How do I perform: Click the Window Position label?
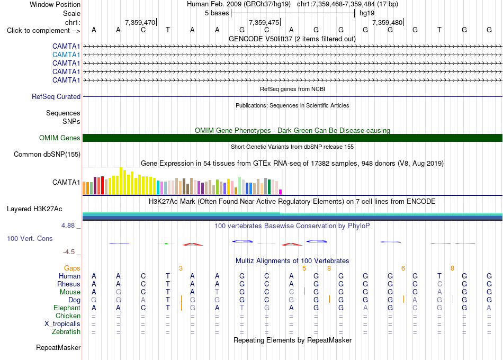tap(55, 4)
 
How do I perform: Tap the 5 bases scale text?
tap(217, 13)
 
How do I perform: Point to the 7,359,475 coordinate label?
tap(264, 22)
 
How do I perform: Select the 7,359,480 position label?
tap(387, 22)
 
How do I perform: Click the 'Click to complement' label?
tap(43, 31)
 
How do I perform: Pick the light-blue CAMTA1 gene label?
tap(66, 55)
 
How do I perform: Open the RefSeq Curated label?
tap(56, 96)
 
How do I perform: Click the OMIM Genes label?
tap(60, 138)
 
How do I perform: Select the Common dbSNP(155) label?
tap(47, 155)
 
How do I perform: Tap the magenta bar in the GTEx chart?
tap(281, 192)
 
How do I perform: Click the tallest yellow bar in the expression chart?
tap(121, 181)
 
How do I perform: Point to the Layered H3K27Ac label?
tap(34, 209)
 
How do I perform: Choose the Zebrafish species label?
tap(66, 332)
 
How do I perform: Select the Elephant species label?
tap(67, 308)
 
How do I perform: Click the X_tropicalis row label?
tap(62, 324)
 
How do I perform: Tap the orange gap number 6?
tap(403, 268)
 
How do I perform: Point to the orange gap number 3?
tap(181, 268)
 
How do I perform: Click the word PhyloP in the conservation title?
tap(358, 226)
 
